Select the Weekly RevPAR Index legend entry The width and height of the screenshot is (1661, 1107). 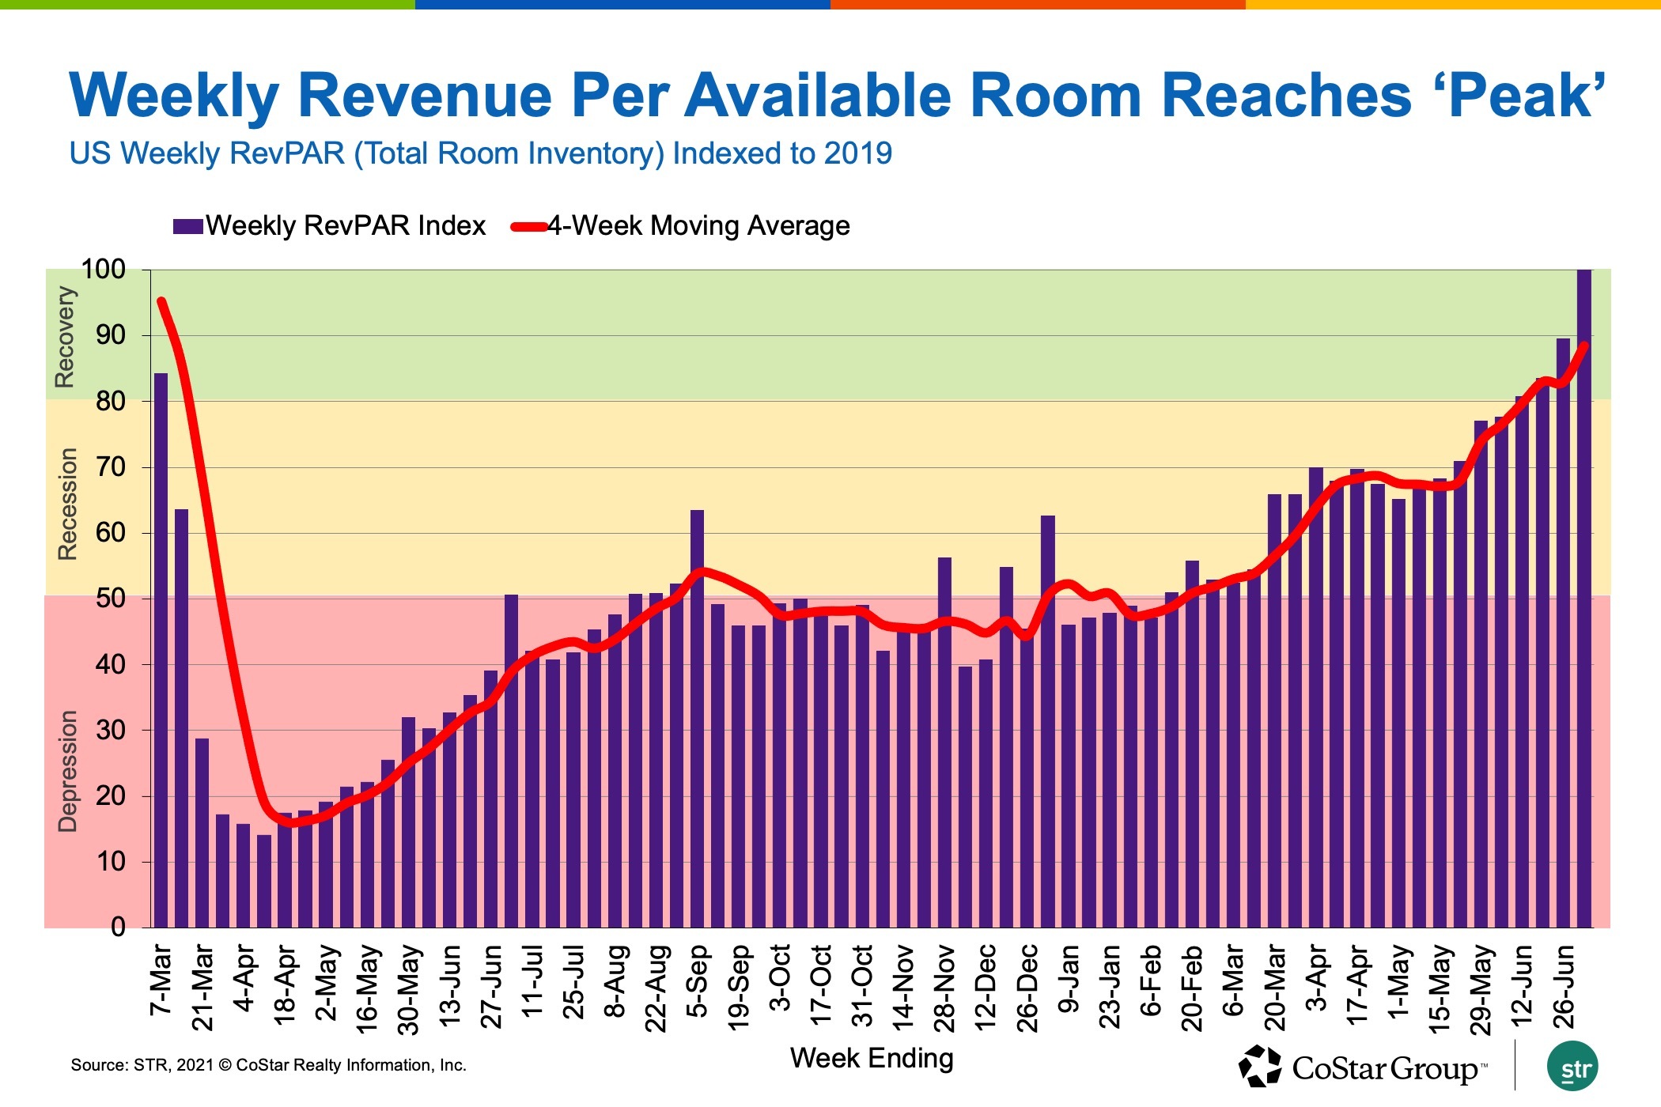[329, 226]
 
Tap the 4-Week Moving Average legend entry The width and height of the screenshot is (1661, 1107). [680, 226]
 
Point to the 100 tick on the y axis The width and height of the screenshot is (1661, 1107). [104, 270]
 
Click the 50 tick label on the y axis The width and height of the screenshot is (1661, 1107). [111, 599]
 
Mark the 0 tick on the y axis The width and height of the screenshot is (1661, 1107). [118, 927]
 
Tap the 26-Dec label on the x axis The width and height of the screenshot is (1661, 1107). [1027, 988]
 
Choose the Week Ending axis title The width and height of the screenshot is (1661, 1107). [872, 1058]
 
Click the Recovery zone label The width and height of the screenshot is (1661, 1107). [64, 337]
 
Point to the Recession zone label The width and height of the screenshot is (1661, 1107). [68, 504]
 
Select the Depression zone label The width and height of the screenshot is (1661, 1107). [68, 771]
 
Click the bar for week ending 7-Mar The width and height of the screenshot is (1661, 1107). [161, 648]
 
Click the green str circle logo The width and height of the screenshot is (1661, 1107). [1572, 1067]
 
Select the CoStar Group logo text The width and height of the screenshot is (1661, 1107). [1384, 1069]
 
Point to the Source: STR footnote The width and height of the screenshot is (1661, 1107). [268, 1065]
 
